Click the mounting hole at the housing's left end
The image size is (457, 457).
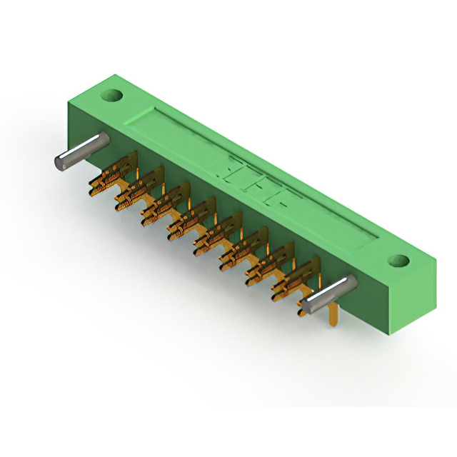[x=113, y=94]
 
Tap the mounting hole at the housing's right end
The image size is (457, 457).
[x=401, y=260]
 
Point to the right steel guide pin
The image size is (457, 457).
[x=326, y=295]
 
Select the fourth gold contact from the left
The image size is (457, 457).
[x=189, y=220]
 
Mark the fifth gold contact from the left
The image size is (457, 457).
[x=214, y=236]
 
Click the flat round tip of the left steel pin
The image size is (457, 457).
[x=61, y=161]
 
